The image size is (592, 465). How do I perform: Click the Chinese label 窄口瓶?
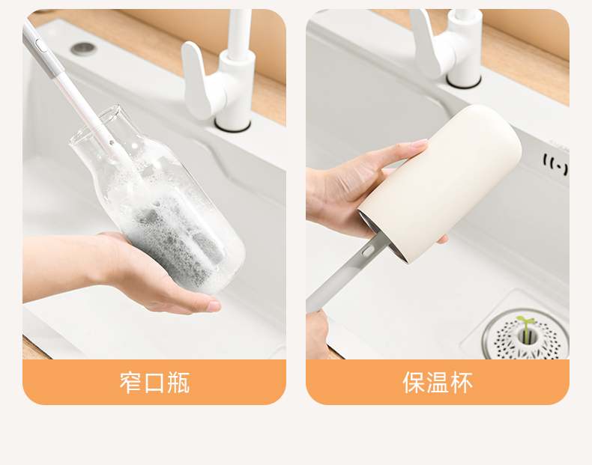click(154, 383)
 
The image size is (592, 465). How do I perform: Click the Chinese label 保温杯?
click(438, 383)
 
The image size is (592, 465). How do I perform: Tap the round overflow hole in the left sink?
click(83, 49)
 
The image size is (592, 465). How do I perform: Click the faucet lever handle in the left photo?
click(196, 80)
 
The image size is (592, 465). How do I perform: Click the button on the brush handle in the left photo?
click(40, 46)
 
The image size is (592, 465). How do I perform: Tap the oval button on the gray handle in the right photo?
click(367, 250)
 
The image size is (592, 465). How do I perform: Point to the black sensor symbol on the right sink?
click(555, 165)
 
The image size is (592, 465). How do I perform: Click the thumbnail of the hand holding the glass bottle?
click(214, 306)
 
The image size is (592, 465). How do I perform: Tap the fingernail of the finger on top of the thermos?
click(420, 143)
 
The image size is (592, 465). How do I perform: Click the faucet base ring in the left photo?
click(232, 125)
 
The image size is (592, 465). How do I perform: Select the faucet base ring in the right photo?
click(464, 82)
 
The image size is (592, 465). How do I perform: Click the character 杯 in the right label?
click(461, 383)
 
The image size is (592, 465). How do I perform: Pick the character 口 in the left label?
click(154, 383)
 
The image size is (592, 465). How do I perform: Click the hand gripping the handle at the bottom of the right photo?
click(316, 334)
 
